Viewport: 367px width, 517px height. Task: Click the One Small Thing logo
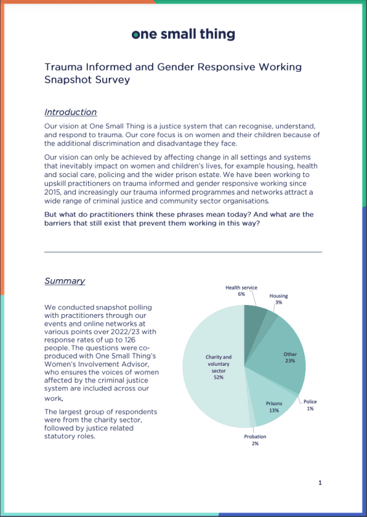point(183,35)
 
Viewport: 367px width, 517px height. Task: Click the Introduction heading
point(71,112)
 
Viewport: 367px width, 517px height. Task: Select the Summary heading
point(65,280)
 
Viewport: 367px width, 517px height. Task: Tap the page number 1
point(320,482)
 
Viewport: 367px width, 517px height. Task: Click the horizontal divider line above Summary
point(183,252)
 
